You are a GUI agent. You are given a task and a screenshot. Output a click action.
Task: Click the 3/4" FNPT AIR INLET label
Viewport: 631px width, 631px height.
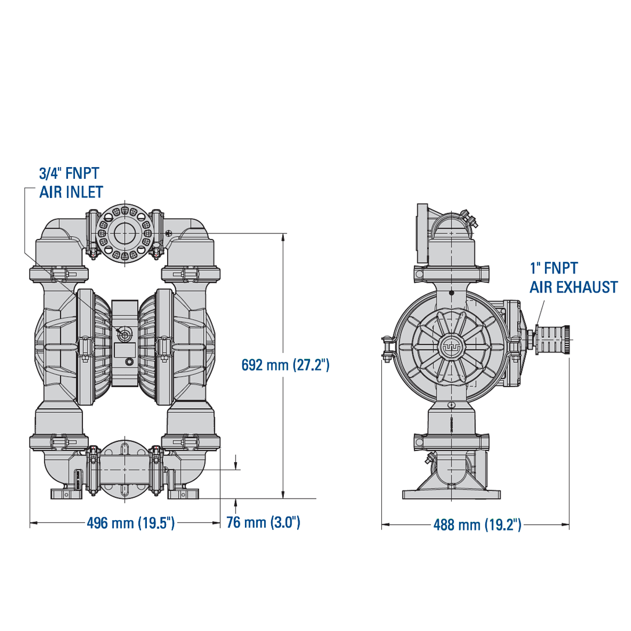click(71, 183)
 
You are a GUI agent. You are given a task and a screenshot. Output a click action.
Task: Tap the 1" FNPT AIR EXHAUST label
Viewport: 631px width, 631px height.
click(574, 277)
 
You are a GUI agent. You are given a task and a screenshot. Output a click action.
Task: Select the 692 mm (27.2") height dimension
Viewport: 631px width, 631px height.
click(286, 365)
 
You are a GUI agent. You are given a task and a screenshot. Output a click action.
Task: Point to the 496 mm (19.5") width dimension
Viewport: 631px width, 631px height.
click(131, 523)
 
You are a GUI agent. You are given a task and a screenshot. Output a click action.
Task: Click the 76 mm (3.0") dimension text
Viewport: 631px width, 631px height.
click(263, 522)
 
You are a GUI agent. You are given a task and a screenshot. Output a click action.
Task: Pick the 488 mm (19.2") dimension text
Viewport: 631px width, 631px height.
click(477, 525)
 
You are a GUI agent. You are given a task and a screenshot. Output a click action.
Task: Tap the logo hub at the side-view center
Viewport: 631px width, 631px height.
click(452, 345)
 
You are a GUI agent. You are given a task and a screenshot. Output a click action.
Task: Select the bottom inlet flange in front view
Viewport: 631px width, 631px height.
click(124, 470)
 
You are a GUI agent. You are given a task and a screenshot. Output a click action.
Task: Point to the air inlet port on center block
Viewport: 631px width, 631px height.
click(123, 333)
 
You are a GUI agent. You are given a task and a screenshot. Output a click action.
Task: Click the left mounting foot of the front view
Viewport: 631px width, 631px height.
click(65, 493)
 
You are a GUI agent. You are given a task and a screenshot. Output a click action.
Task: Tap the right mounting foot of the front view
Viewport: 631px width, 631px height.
click(183, 493)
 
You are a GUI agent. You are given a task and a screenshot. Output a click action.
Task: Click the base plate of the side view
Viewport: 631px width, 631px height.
click(452, 494)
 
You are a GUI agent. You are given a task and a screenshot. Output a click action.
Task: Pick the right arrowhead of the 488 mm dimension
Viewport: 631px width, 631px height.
click(565, 524)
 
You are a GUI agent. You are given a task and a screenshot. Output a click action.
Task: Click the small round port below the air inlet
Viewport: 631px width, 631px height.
click(129, 361)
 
